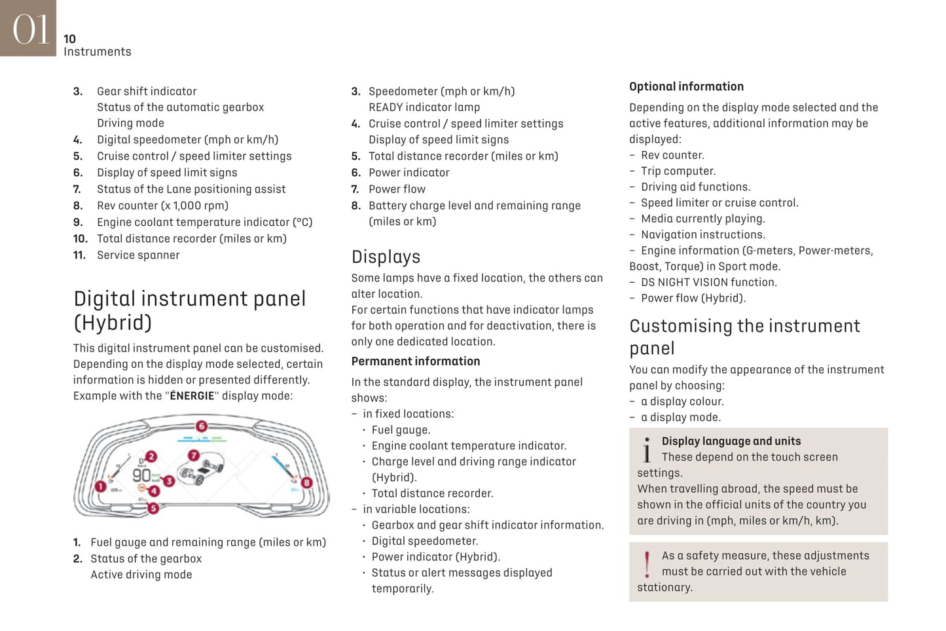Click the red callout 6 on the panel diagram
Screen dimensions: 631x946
202,426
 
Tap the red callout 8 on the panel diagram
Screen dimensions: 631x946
306,483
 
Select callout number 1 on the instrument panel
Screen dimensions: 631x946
100,486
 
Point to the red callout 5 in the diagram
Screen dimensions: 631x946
153,508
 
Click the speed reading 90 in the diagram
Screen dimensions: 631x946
141,475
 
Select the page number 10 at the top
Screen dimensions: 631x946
69,39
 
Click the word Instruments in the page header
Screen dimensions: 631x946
98,52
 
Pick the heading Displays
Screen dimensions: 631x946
386,257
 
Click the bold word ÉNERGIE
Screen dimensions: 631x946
192,396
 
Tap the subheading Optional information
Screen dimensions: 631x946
686,86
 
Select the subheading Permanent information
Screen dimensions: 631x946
416,361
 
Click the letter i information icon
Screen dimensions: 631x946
647,450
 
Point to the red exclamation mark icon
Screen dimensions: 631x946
647,564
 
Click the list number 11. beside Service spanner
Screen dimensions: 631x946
79,255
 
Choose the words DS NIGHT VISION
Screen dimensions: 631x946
692,282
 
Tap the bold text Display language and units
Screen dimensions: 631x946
731,441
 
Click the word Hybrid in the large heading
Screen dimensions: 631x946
113,323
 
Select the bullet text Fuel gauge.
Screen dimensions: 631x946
401,430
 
